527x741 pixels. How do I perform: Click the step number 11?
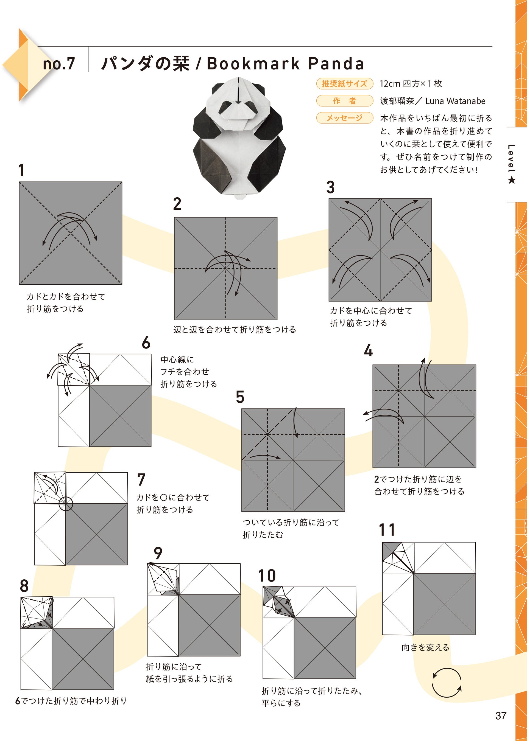[387, 530]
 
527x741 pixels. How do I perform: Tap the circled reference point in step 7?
[66, 504]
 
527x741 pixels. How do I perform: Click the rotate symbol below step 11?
[447, 683]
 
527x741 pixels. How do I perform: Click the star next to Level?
[511, 180]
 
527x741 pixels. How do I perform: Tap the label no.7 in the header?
[59, 64]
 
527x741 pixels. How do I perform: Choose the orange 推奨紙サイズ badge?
[344, 84]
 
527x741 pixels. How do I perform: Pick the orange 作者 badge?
[344, 101]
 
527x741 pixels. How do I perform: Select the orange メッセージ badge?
[344, 118]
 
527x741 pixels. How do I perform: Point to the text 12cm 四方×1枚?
[411, 84]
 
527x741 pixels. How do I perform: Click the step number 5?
[240, 397]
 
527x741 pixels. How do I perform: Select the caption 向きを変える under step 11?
[425, 648]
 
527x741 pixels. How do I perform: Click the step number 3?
[330, 187]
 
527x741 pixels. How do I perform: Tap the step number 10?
[267, 576]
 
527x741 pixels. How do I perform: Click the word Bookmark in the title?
[253, 64]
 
